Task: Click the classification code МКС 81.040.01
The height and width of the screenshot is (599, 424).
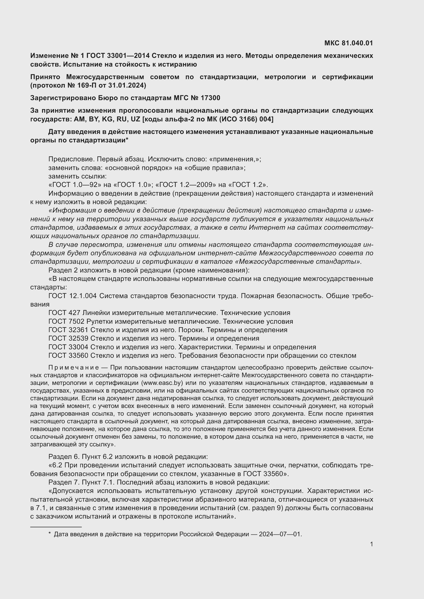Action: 349,43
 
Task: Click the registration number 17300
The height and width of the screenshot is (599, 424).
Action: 210,98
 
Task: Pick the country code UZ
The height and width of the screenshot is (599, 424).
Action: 136,119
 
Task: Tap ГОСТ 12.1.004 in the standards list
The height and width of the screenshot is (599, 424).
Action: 72,296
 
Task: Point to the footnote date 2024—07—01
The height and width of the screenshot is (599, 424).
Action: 280,534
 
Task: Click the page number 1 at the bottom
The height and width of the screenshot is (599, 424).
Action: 371,544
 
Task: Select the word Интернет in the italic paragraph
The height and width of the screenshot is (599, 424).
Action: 265,227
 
